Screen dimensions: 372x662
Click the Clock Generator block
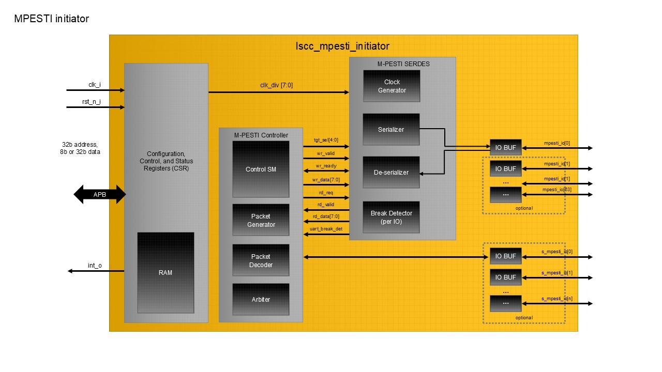[392, 86]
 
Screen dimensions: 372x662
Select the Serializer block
[391, 129]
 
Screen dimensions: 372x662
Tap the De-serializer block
[391, 172]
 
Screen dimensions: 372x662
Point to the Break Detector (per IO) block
[391, 217]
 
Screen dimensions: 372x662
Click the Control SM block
[261, 169]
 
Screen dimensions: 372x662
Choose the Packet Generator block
[261, 221]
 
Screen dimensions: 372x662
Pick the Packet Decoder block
[261, 260]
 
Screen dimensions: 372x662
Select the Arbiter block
[261, 299]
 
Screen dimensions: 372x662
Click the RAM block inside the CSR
[165, 272]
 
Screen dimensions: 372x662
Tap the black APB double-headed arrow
[100, 195]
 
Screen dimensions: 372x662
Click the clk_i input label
[94, 84]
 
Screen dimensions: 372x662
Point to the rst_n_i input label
[92, 102]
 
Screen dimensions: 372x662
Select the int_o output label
[95, 266]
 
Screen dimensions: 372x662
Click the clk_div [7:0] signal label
[277, 85]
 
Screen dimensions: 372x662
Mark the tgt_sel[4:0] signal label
[326, 140]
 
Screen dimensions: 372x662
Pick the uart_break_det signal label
[326, 228]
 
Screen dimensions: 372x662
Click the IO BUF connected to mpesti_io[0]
[505, 147]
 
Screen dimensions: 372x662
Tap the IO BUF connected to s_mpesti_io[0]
[505, 256]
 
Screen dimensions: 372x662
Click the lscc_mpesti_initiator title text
[342, 47]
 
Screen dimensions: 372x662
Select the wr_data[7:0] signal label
[326, 179]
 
